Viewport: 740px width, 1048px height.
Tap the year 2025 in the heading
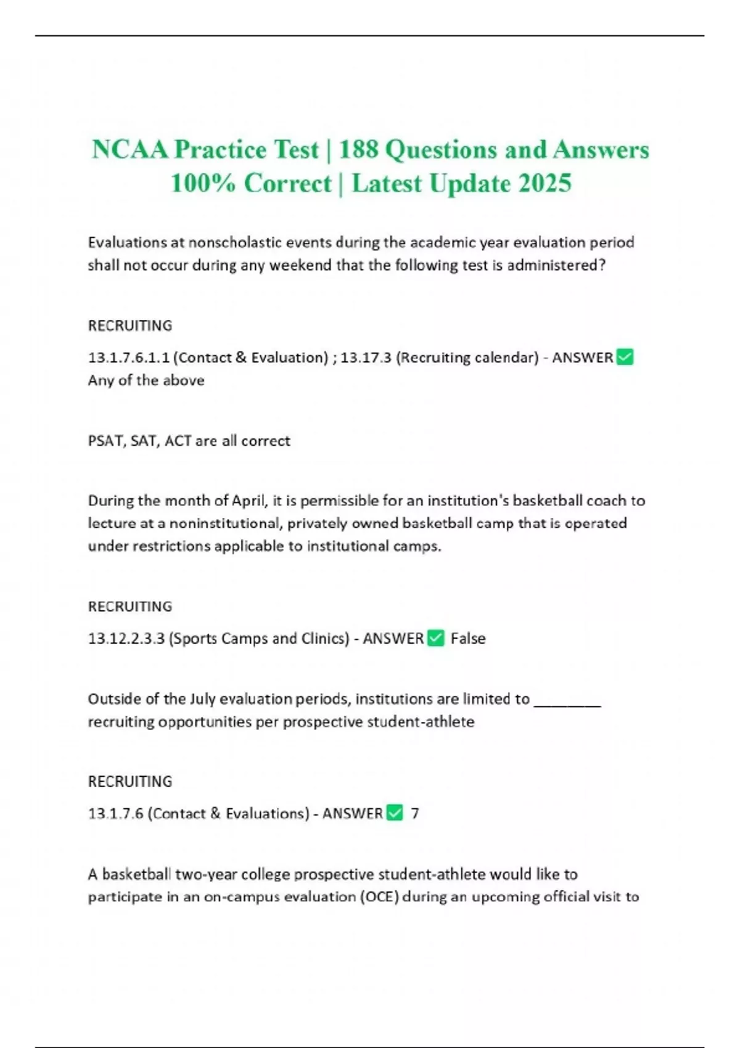pyautogui.click(x=545, y=183)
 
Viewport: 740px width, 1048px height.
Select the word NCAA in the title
pyautogui.click(x=129, y=150)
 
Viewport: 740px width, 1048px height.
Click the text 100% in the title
pyautogui.click(x=202, y=183)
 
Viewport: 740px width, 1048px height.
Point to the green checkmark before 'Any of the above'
pyautogui.click(x=625, y=357)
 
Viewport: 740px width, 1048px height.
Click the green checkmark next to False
pyautogui.click(x=435, y=638)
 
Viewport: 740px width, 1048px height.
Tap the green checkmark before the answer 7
pyautogui.click(x=395, y=813)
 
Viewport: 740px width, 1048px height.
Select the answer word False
pyautogui.click(x=468, y=639)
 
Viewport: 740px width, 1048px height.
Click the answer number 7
pyautogui.click(x=415, y=814)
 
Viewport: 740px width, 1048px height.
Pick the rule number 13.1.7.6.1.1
pyautogui.click(x=128, y=358)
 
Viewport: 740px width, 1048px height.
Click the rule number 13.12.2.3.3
pyautogui.click(x=126, y=639)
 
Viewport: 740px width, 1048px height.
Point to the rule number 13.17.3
pyautogui.click(x=366, y=358)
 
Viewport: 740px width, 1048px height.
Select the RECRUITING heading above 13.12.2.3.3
pyautogui.click(x=130, y=607)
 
